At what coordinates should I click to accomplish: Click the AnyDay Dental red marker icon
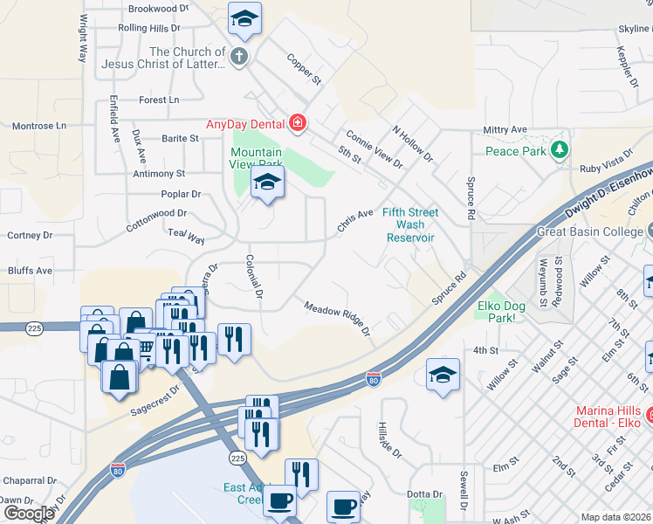[298, 123]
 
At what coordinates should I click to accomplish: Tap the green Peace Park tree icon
[560, 150]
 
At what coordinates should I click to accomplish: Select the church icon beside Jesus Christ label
[239, 58]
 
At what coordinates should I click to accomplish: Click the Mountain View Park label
[256, 158]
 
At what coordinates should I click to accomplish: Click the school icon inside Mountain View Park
[267, 182]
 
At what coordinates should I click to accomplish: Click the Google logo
[28, 514]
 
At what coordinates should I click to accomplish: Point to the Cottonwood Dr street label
[157, 218]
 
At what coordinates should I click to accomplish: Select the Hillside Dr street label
[390, 441]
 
